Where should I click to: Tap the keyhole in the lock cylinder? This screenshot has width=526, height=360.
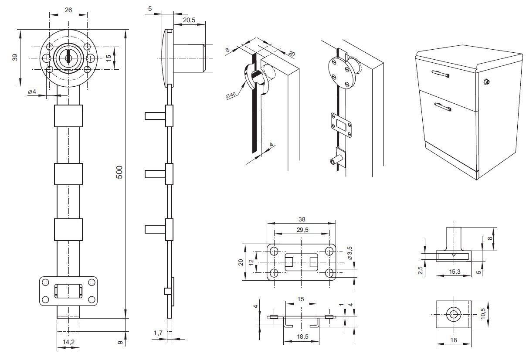68,58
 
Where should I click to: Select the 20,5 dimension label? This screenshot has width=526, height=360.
189,20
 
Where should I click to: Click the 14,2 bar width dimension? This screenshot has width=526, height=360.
68,343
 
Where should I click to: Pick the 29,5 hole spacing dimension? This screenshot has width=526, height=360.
302,231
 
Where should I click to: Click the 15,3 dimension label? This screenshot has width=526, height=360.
453,272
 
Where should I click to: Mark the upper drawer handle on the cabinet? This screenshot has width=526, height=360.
440,74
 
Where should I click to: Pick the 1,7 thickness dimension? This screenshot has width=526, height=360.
158,333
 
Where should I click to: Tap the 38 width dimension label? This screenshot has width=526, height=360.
302,220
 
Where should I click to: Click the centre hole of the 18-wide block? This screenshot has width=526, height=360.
453,314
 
